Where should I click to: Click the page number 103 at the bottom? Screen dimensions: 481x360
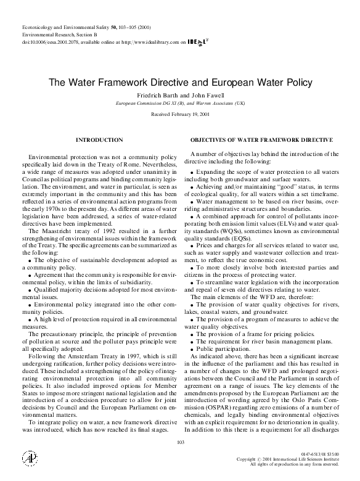(180, 442)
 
